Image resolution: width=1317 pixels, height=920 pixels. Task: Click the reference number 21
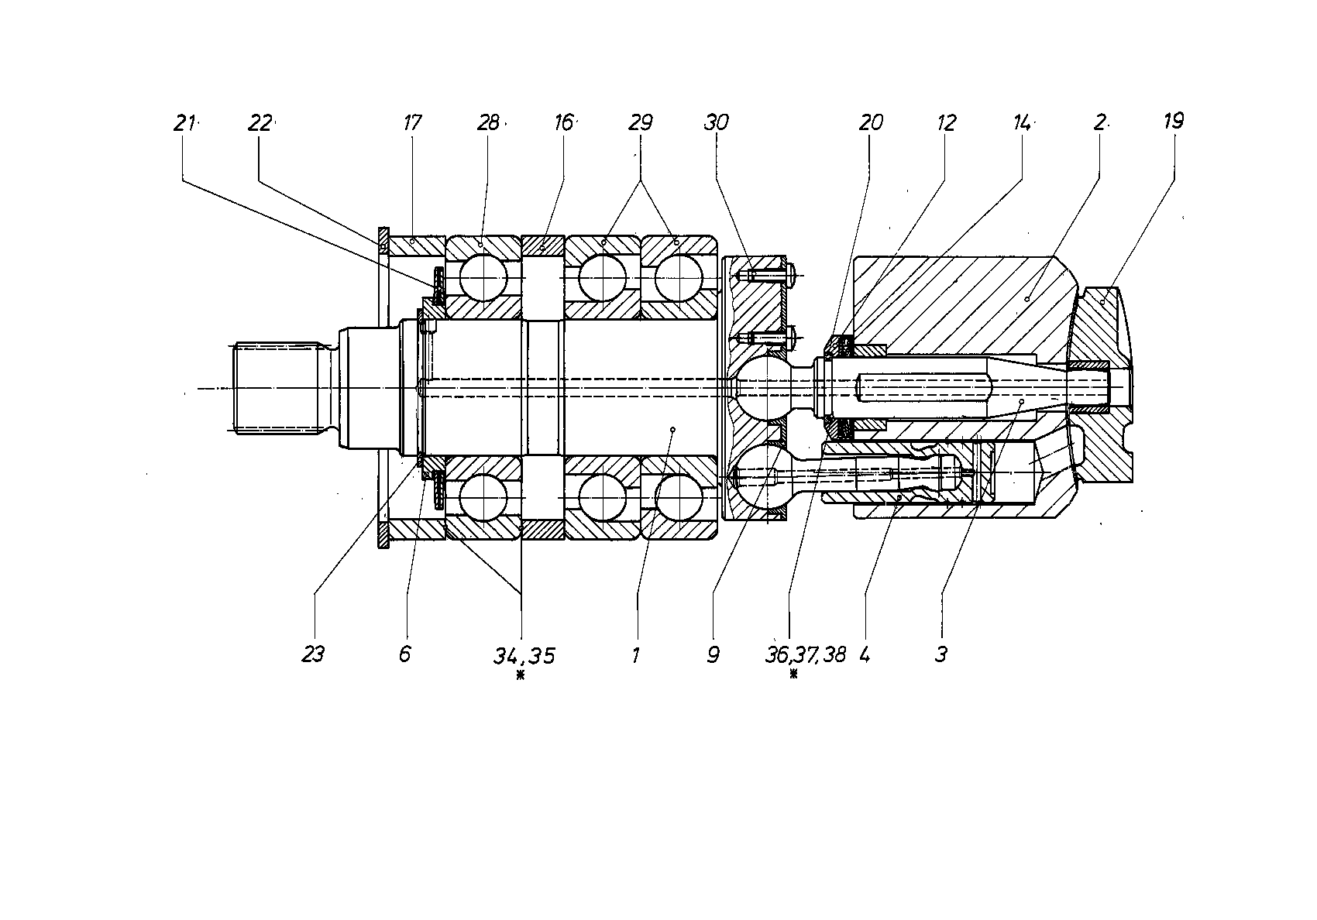click(x=184, y=123)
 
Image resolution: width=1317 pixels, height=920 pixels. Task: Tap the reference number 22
click(x=260, y=123)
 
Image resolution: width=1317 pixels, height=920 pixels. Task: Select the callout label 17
click(x=412, y=123)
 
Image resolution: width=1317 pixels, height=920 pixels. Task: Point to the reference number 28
click(x=488, y=123)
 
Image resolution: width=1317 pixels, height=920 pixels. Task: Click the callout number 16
click(x=563, y=123)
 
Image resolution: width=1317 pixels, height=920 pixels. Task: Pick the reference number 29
click(x=640, y=123)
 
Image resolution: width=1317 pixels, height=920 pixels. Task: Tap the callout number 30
click(x=716, y=123)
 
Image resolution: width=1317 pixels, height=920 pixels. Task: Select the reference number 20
click(x=871, y=123)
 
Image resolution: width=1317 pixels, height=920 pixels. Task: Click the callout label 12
click(x=947, y=123)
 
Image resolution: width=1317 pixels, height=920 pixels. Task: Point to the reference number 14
click(x=1022, y=123)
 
